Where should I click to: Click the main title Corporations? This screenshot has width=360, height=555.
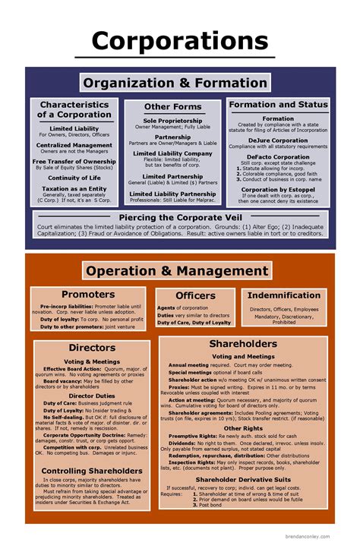[180, 40]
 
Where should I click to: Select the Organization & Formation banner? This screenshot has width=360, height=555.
[179, 83]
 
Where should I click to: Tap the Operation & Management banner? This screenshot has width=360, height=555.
[177, 271]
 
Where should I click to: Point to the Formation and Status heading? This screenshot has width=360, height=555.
[278, 105]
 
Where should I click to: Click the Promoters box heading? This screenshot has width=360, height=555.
[88, 294]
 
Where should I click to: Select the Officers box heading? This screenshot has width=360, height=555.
[195, 295]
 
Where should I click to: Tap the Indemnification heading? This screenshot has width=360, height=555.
[284, 295]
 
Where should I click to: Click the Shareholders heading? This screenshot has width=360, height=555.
[243, 344]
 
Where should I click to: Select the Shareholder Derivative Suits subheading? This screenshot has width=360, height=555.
[243, 479]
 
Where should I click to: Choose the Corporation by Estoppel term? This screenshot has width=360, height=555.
[278, 190]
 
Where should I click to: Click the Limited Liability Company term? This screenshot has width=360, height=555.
[172, 153]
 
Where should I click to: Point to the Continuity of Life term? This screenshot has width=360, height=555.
[74, 177]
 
